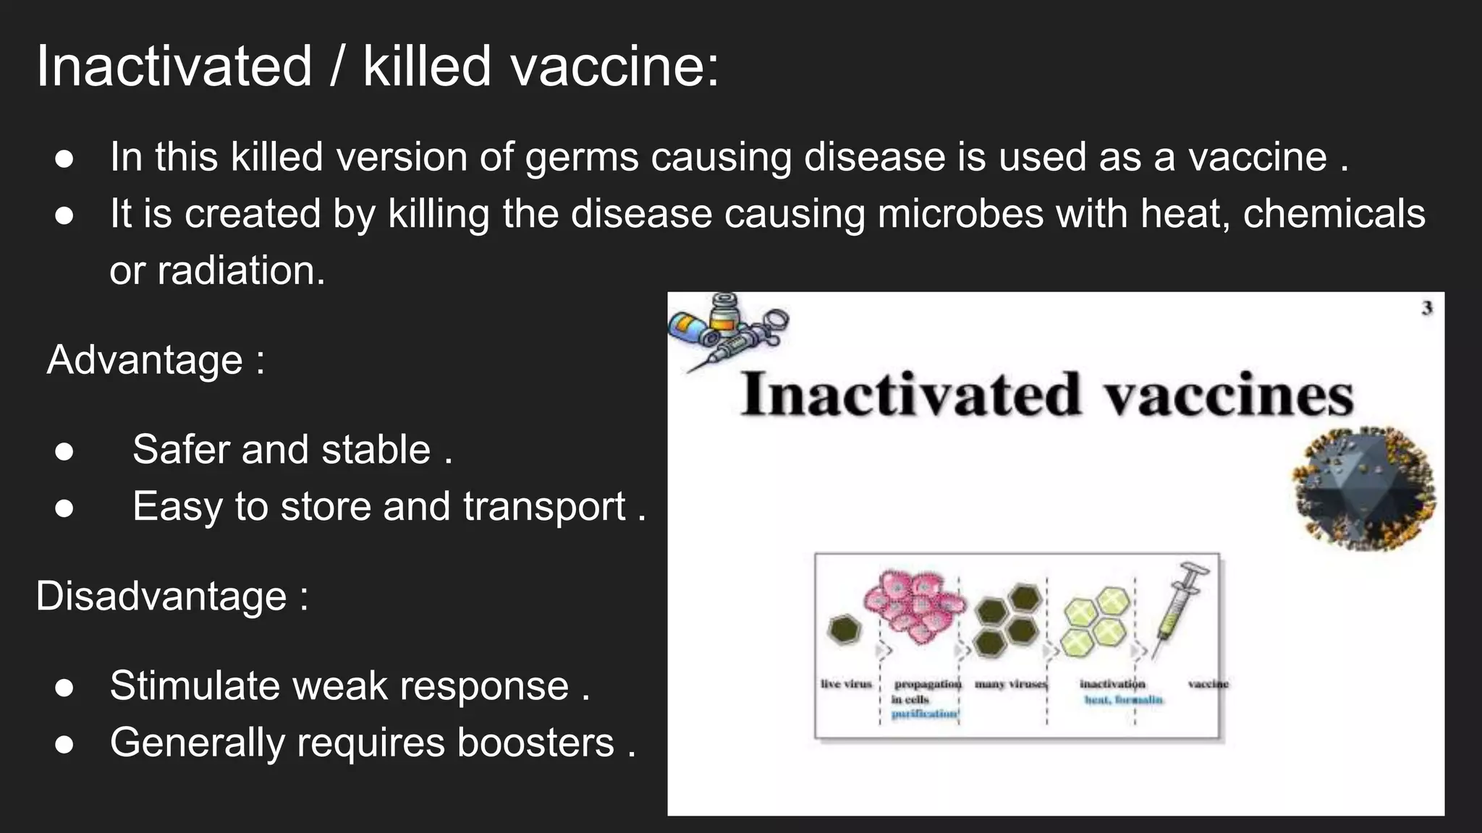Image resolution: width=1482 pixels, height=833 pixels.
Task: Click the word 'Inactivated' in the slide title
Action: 174,67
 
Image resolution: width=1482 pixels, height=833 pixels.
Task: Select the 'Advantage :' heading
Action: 156,360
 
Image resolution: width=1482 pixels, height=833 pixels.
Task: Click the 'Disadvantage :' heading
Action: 172,597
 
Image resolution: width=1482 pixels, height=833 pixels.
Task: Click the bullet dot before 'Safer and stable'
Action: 64,451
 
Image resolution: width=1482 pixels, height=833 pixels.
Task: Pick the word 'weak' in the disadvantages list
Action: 340,685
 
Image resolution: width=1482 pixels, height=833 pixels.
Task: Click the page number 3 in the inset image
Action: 1426,308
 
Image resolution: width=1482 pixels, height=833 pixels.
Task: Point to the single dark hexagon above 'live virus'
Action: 843,630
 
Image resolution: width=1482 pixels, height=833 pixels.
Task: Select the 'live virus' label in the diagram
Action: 846,684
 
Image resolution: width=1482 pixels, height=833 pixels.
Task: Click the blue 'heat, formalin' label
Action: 1123,700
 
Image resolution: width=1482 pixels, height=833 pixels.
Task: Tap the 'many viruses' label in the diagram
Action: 1010,684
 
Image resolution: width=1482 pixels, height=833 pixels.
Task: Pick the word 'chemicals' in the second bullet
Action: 1334,215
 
